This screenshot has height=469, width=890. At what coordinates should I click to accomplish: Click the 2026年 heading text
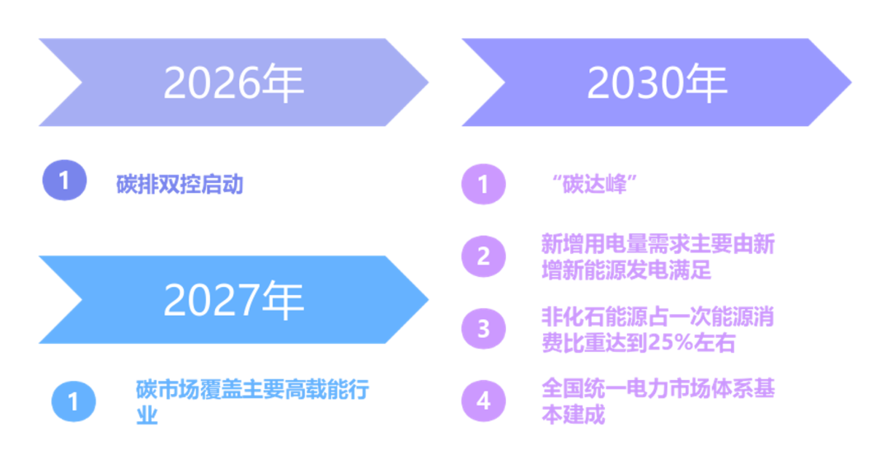[234, 82]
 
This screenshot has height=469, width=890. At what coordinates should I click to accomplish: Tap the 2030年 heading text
[657, 82]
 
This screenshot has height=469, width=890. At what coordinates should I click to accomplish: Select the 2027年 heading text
[234, 300]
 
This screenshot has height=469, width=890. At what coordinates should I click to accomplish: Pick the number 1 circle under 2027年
[73, 401]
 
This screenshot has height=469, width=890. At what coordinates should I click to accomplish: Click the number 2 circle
[484, 256]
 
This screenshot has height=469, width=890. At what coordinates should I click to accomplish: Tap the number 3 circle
[484, 328]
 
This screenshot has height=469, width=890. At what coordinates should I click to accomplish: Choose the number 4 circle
[484, 401]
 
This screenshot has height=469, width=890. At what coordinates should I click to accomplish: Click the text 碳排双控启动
[180, 184]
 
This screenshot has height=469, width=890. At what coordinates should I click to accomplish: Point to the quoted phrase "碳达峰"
[595, 183]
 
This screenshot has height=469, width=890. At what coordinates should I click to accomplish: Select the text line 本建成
[574, 414]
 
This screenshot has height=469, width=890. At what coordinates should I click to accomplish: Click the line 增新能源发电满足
[626, 270]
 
